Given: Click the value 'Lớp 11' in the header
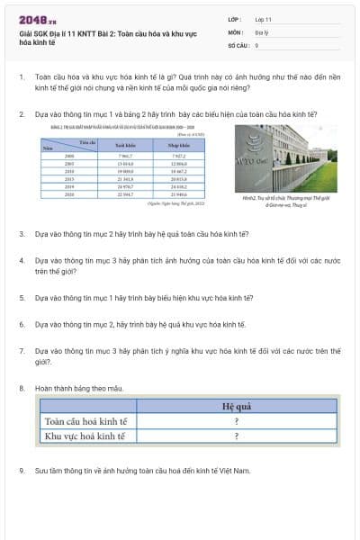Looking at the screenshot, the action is pos(264,19).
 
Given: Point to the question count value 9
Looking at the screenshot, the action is pos(256,44).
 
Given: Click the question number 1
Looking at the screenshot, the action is pos(21,77).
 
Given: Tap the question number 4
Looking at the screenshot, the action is pos(21,260).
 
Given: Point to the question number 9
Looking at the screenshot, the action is pos(21,470).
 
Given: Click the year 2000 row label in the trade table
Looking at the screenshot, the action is pos(69,156).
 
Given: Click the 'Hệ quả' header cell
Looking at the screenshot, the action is pos(236,406).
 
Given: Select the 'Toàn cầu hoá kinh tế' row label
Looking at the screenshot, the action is pos(86,420).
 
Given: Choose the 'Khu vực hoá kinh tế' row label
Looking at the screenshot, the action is pos(86,436).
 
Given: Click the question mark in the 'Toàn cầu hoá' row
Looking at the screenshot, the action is pos(236,420).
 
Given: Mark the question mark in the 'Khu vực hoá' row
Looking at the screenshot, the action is pos(236,436).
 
